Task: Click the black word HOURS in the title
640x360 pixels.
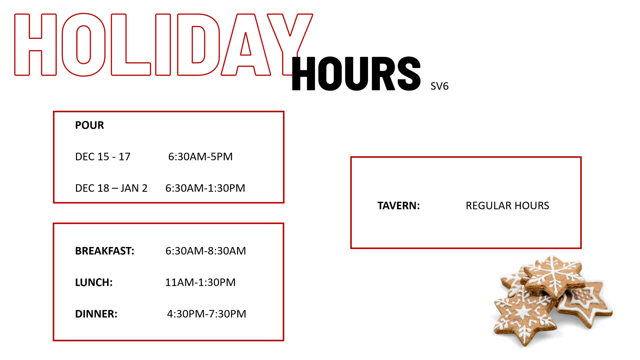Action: pos(356,73)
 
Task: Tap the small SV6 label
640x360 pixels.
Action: pos(439,86)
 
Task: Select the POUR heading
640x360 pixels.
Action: pos(89,125)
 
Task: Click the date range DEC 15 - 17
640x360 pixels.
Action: pos(103,157)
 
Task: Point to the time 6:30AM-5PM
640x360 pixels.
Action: pos(200,157)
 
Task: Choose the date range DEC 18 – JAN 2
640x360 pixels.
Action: pos(111,188)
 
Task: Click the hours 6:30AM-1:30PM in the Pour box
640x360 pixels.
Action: pos(205,188)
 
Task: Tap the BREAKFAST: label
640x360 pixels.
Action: pos(105,251)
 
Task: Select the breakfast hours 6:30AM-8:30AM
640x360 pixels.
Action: pos(206,251)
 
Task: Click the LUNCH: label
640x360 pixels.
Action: pos(94,283)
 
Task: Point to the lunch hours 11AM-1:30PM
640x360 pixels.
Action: pos(200,283)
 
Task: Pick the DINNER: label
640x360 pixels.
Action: pos(96,314)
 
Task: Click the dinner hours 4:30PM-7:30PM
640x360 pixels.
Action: pos(207,314)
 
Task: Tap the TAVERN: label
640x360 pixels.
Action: pos(399,206)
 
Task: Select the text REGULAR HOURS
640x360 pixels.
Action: pos(507,206)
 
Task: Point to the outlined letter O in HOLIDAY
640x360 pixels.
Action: pos(84,45)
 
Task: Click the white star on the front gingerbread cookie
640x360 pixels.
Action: pos(523,313)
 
